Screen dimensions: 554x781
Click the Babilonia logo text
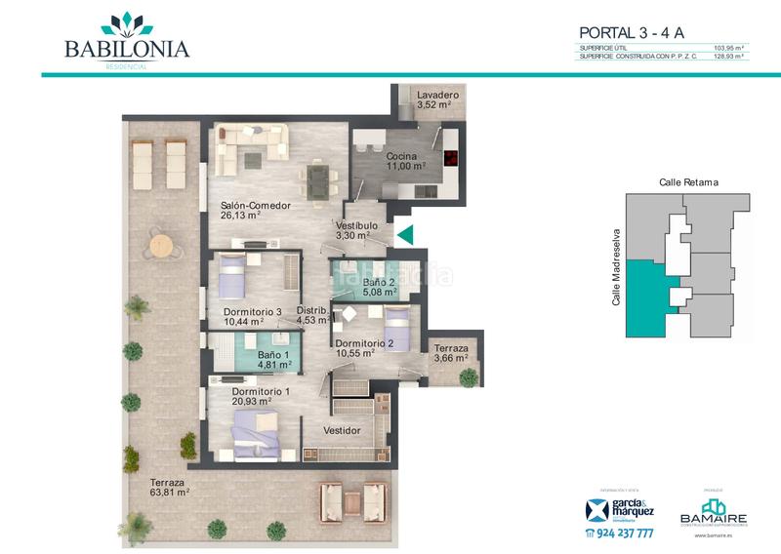(x=126, y=48)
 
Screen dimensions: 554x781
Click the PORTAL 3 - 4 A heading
(x=632, y=33)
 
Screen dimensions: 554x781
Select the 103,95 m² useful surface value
(x=728, y=48)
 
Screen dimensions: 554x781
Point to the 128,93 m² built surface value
(x=728, y=57)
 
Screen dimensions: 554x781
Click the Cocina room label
(x=401, y=156)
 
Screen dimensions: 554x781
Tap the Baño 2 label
(x=378, y=281)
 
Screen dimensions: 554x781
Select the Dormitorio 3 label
(x=252, y=312)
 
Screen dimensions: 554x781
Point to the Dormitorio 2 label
(x=364, y=343)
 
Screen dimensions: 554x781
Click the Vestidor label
(x=343, y=430)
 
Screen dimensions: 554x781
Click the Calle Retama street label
(x=688, y=181)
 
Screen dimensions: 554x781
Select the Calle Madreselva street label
(x=616, y=267)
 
